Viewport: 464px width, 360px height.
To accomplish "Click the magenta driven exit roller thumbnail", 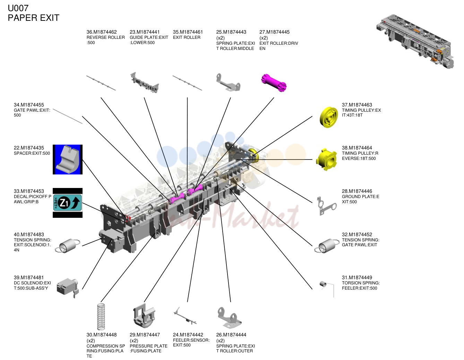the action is pos(274,83).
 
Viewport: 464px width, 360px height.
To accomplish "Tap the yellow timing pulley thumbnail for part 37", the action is pos(329,117).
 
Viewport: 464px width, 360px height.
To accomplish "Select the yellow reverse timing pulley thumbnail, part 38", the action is pos(326,160).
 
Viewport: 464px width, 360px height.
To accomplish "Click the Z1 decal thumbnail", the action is pos(68,203).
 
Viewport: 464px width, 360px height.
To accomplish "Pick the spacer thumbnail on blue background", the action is pos(68,160).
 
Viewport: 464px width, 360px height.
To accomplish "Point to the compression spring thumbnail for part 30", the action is pos(101,317).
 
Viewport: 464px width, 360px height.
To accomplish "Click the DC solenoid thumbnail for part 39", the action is pos(68,288).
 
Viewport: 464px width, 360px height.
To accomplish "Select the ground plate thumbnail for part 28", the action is pos(327,206).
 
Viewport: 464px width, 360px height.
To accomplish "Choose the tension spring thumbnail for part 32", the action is pos(326,246).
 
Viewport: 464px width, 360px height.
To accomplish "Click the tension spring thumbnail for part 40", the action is pos(68,246).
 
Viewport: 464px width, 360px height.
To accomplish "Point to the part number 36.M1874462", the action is pos(102,32).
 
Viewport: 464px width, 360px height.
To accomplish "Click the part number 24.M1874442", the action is pos(188,335).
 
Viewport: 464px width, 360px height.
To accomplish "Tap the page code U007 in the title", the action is pos(18,8).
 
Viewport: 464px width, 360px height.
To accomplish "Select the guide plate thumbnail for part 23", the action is pos(145,83).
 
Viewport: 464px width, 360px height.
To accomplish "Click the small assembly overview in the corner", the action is pos(415,41).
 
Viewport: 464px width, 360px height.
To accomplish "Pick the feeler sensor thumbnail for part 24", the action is pos(185,316).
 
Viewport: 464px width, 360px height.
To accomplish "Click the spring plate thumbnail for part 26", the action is pos(229,317).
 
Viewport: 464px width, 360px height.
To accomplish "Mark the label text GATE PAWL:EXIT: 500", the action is pos(32,113).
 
